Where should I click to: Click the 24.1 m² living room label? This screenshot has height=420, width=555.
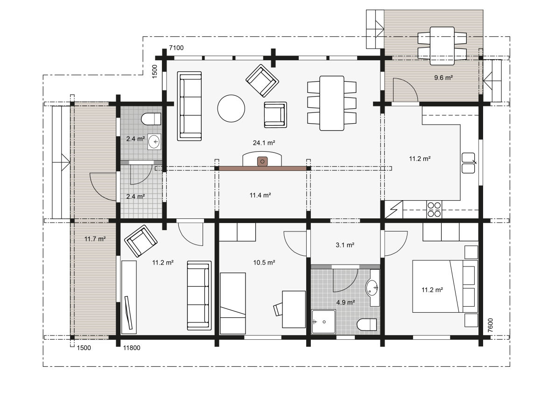click(264, 143)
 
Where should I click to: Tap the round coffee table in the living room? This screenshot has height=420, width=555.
click(231, 108)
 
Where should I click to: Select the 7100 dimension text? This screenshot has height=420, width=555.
click(176, 48)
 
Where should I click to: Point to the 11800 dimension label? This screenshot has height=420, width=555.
click(132, 348)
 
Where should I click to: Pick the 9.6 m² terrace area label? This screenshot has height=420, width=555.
click(443, 77)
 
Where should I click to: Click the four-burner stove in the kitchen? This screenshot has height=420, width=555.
click(434, 209)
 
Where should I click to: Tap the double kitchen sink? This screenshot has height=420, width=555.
click(468, 163)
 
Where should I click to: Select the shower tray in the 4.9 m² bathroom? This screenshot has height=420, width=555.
click(323, 322)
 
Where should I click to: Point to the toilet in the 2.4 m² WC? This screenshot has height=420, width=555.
click(151, 119)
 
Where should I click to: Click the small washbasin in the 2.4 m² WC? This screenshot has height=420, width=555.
click(155, 142)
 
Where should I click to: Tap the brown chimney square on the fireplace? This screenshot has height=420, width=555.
click(262, 161)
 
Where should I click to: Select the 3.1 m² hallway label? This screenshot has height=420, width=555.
click(345, 245)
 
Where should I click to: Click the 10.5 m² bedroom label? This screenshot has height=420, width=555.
click(264, 263)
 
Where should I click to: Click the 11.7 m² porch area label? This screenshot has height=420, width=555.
click(95, 239)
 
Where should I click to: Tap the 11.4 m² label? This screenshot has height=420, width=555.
click(260, 195)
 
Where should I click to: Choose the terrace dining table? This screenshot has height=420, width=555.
click(442, 46)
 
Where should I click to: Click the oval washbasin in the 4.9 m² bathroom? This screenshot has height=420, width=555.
click(372, 287)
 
